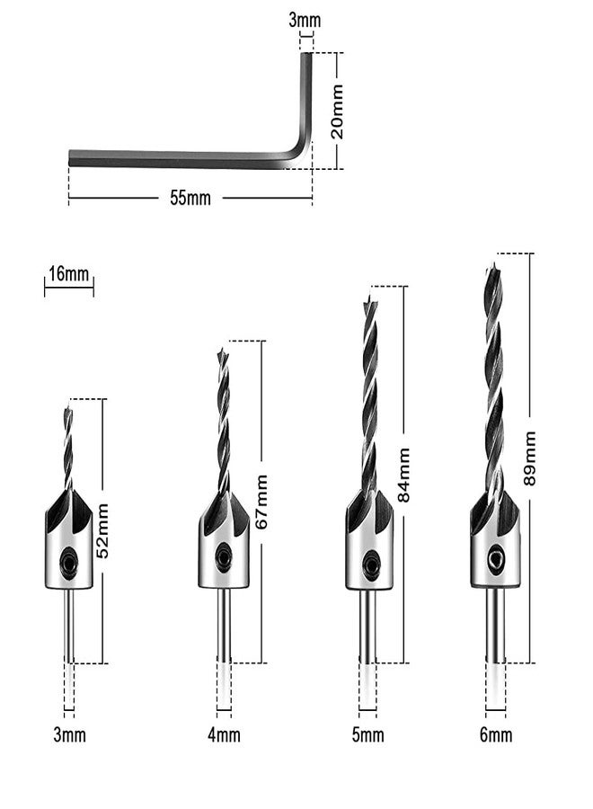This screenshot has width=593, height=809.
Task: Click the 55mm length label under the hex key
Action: [x=190, y=199]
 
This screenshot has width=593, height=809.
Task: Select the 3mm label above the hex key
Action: [x=305, y=20]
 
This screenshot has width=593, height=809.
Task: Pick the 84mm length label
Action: [x=404, y=476]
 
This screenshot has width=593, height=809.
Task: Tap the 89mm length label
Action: [x=530, y=458]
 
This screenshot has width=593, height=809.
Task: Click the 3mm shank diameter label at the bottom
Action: [x=69, y=735]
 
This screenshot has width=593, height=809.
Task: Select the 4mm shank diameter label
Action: [x=224, y=735]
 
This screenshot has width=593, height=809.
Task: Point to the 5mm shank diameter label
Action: [x=367, y=735]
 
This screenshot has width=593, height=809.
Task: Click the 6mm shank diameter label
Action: [x=496, y=735]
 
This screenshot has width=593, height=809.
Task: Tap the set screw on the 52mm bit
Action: [x=68, y=565]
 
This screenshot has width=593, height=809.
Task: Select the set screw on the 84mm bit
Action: [x=369, y=565]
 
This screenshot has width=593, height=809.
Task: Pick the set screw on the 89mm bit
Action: [x=495, y=557]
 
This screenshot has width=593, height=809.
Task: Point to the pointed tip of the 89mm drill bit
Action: [x=493, y=266]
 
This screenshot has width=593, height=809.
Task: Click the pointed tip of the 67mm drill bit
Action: [x=223, y=351]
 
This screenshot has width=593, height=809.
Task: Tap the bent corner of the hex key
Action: [x=302, y=156]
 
